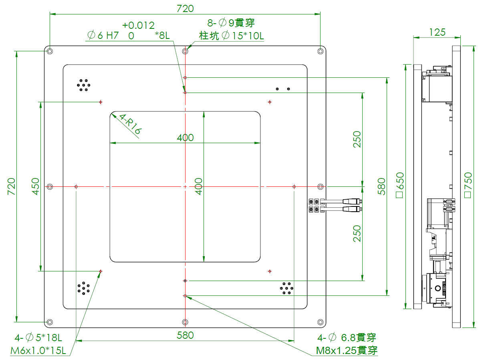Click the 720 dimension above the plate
coord(185,8)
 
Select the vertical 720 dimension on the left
coord(12,186)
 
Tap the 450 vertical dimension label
coord(36,186)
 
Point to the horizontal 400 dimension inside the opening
coord(185,138)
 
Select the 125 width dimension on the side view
coord(437,32)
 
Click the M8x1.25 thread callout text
coord(347,350)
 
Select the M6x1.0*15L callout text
coord(38,351)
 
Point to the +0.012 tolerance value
coord(138,25)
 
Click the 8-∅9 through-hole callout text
coord(231,22)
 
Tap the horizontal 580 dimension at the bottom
coord(185,335)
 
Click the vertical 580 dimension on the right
coord(381,186)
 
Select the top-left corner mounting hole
coord(50,51)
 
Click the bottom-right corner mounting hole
coord(320,322)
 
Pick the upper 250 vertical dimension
coord(357,139)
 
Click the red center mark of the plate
coord(185,187)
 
